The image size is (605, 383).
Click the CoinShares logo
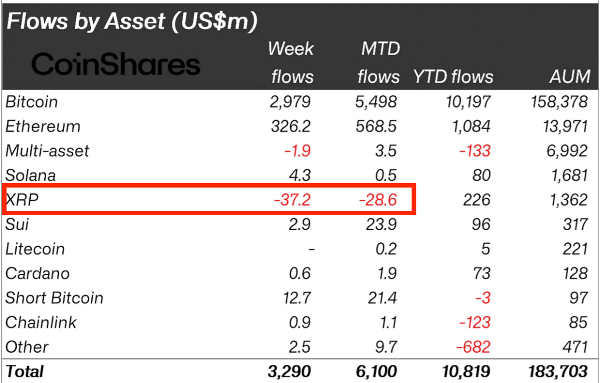click(x=116, y=64)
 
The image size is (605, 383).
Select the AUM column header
click(x=570, y=76)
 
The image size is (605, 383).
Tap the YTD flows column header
click(x=453, y=76)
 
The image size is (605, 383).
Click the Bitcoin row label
click(x=32, y=102)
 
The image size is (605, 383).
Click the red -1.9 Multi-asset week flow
click(x=298, y=151)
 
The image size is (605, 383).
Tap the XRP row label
click(x=22, y=199)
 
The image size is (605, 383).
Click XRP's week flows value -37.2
click(x=293, y=199)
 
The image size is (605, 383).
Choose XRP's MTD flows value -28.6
click(x=378, y=199)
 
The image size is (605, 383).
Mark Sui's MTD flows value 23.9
click(x=382, y=224)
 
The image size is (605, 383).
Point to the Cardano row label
click(x=38, y=274)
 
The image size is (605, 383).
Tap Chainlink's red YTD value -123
click(x=475, y=322)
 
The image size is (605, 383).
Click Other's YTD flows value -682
click(x=474, y=347)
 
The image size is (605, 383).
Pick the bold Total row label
click(x=24, y=372)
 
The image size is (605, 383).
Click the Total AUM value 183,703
click(x=558, y=372)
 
